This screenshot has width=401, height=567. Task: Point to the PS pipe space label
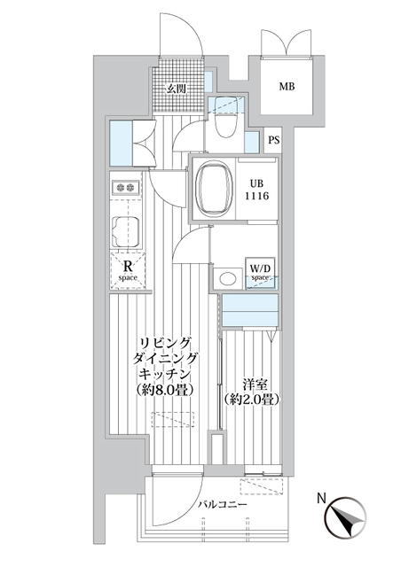click(x=274, y=140)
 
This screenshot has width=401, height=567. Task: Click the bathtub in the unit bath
click(x=214, y=188)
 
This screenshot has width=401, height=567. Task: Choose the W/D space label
click(x=259, y=271)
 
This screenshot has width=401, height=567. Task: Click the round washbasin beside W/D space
click(x=228, y=278)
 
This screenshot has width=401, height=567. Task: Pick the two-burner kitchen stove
click(x=125, y=187)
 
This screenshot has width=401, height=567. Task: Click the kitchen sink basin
click(x=124, y=233)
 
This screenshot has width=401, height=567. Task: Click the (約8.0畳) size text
click(x=166, y=390)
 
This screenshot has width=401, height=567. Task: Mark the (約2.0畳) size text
click(x=252, y=400)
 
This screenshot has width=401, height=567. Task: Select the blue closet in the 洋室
click(x=251, y=313)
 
